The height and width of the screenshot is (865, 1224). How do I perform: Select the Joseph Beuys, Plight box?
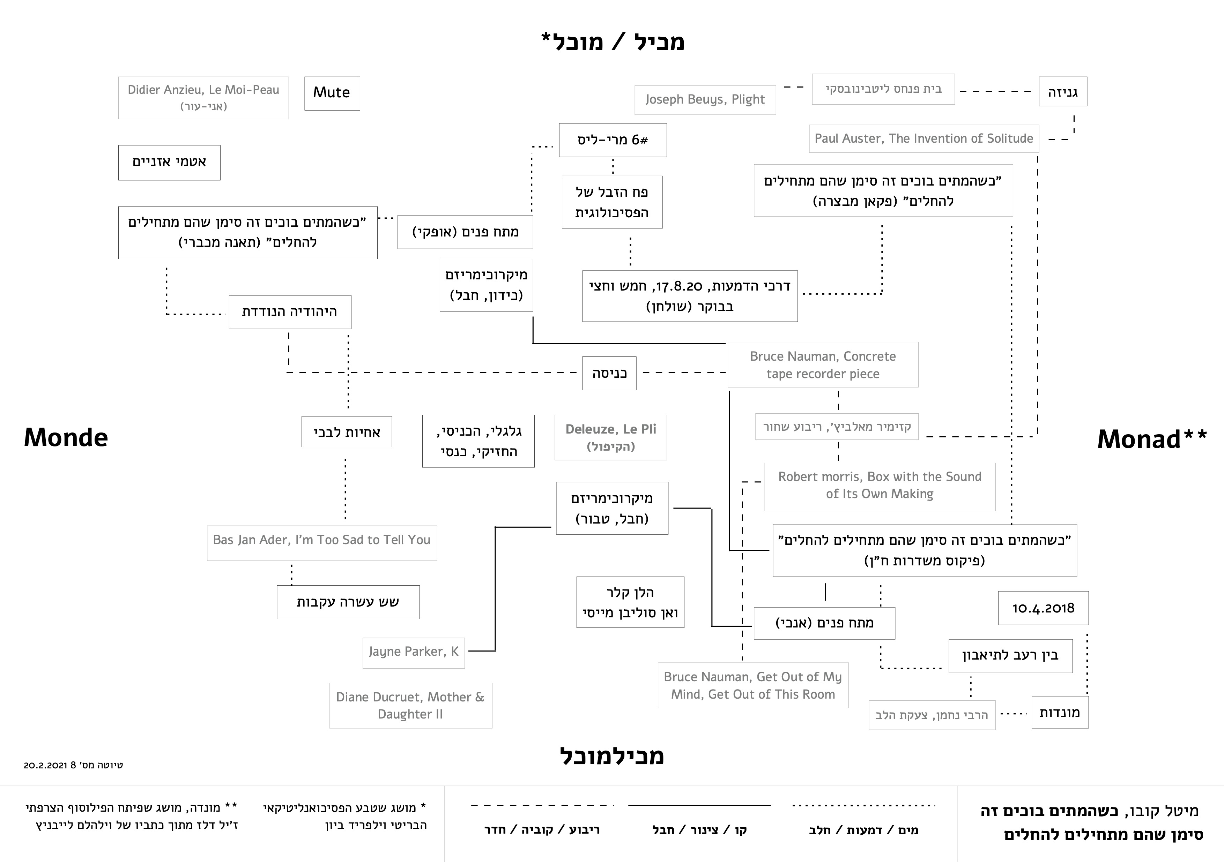(x=705, y=100)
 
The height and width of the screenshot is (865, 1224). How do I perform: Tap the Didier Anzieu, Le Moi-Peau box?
(x=203, y=97)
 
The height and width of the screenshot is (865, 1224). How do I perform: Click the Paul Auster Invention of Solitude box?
(x=923, y=138)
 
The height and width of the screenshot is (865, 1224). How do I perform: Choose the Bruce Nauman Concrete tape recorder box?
(x=823, y=365)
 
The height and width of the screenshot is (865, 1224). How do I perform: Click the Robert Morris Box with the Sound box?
(x=879, y=485)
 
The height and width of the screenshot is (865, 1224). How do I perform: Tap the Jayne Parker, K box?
(x=413, y=652)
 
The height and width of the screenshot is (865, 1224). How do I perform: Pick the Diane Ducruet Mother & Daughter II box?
(x=410, y=705)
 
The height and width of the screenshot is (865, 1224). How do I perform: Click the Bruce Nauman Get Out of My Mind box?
(x=753, y=685)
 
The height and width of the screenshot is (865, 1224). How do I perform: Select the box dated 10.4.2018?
(x=1043, y=608)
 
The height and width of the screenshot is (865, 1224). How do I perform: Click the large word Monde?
(x=66, y=438)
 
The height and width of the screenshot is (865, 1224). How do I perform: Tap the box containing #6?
(x=613, y=140)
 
